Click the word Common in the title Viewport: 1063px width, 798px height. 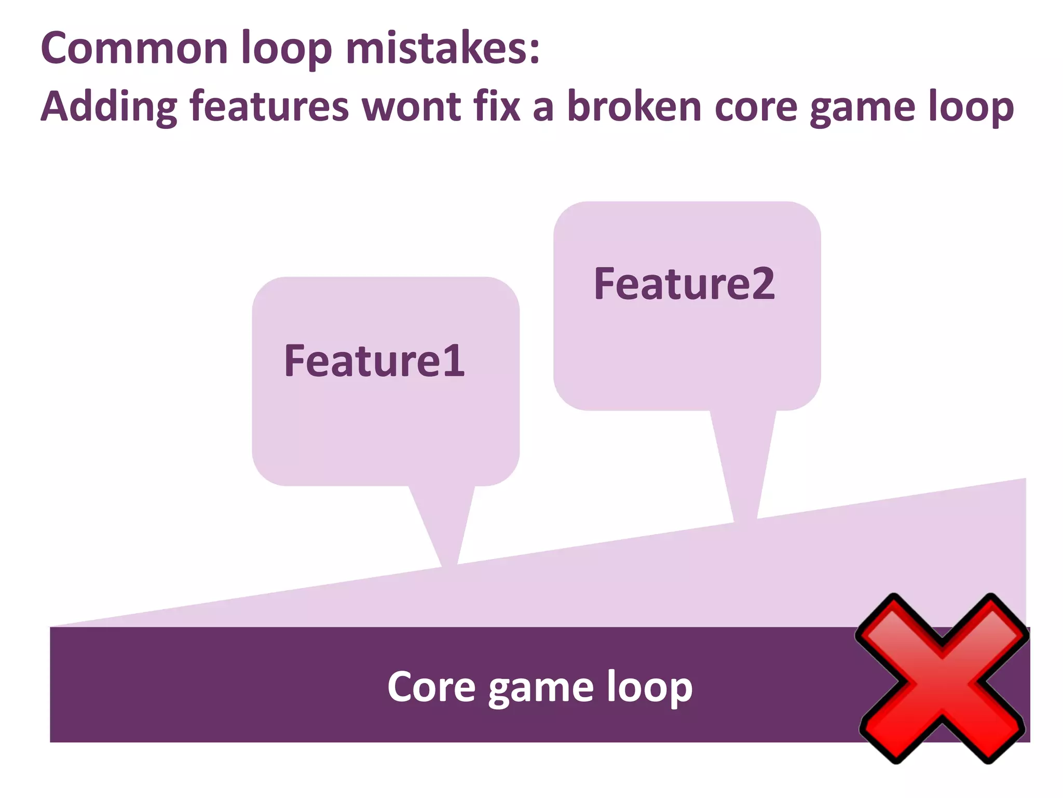[x=134, y=48]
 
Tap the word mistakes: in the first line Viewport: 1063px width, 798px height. [x=443, y=48]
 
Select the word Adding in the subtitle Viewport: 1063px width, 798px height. [x=108, y=107]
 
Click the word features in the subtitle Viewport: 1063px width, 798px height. [x=269, y=106]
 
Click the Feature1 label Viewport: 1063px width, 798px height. [x=374, y=361]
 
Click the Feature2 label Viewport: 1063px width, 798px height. [x=684, y=284]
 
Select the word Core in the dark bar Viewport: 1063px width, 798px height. [x=431, y=687]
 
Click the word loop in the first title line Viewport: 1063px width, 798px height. [x=287, y=49]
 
